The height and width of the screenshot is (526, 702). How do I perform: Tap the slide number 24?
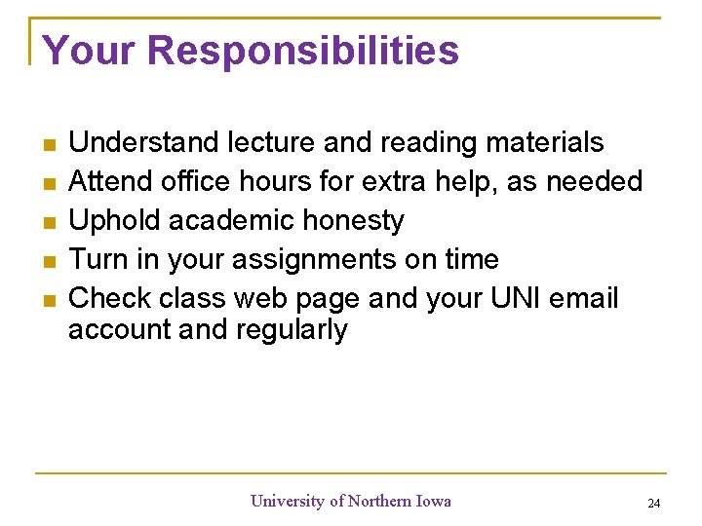(x=653, y=504)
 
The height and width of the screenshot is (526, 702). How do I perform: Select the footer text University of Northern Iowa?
(x=351, y=501)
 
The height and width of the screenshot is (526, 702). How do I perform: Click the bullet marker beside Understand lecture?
(x=50, y=145)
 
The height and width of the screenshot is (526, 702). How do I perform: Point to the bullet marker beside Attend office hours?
(x=50, y=184)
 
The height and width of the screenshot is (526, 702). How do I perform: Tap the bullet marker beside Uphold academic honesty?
(x=50, y=223)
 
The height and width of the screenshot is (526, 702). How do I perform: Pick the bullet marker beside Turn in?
(x=50, y=262)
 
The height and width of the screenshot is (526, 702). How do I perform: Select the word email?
(x=584, y=298)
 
